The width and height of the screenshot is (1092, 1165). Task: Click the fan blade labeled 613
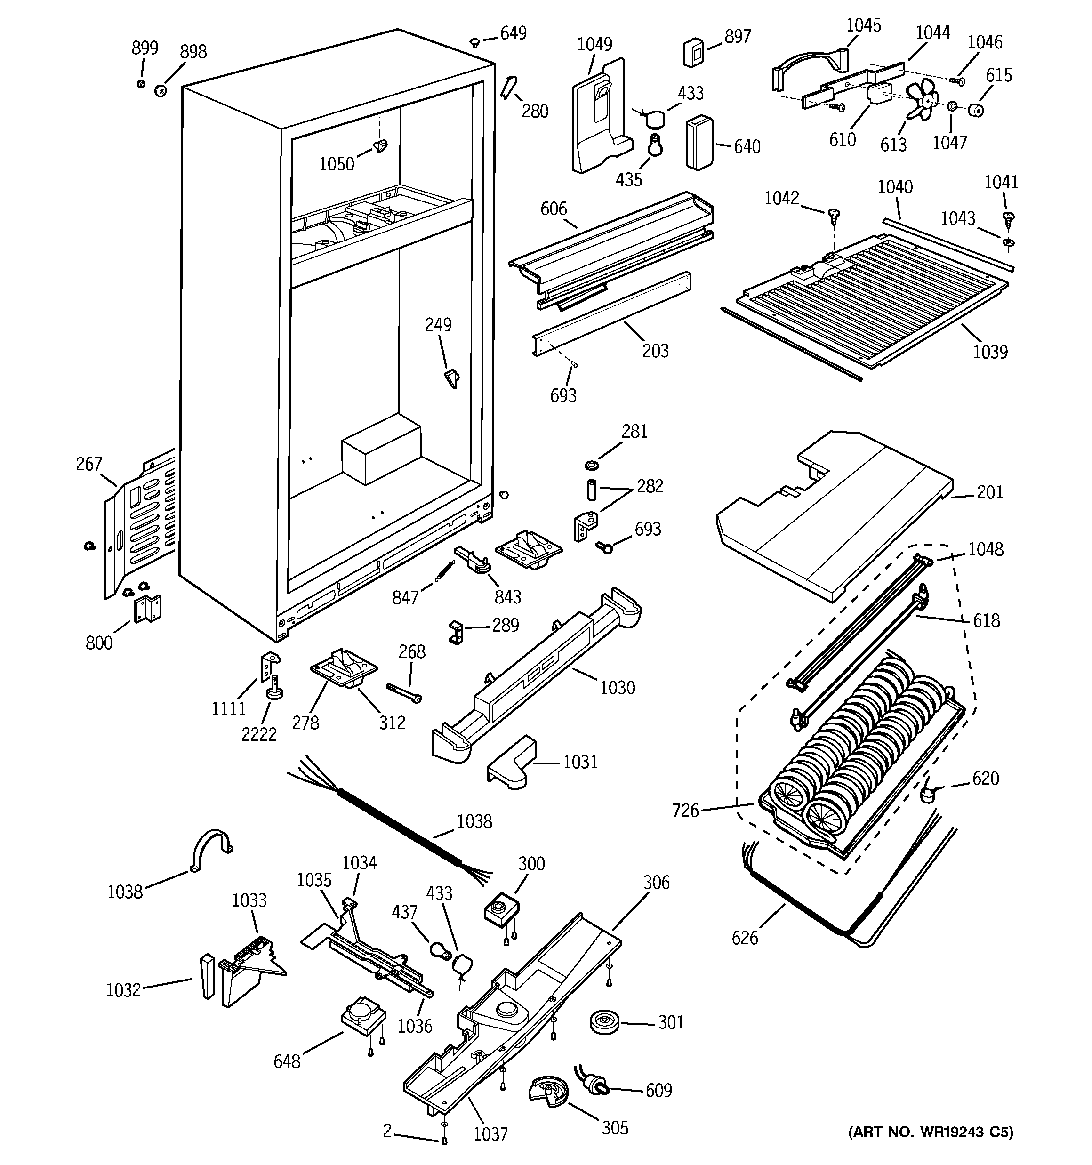click(922, 100)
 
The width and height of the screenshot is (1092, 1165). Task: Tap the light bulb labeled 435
click(655, 144)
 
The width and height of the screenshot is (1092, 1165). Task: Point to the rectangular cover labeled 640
click(700, 143)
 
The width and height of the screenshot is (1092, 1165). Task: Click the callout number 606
click(554, 209)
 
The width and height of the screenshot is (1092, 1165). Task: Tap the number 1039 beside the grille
click(991, 352)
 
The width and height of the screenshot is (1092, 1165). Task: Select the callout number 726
click(686, 811)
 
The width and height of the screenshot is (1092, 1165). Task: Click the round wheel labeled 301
click(604, 1022)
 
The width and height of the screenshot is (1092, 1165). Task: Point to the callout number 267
click(88, 464)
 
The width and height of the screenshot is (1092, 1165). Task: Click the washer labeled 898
click(160, 91)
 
